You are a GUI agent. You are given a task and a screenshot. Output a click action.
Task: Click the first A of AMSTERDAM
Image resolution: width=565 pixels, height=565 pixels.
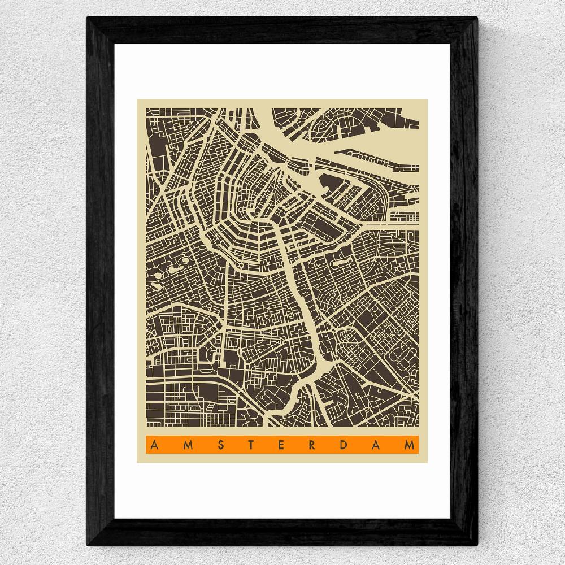coord(153,445)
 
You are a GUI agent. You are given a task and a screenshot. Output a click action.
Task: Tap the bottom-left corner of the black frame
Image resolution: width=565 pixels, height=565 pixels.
coord(88,546)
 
